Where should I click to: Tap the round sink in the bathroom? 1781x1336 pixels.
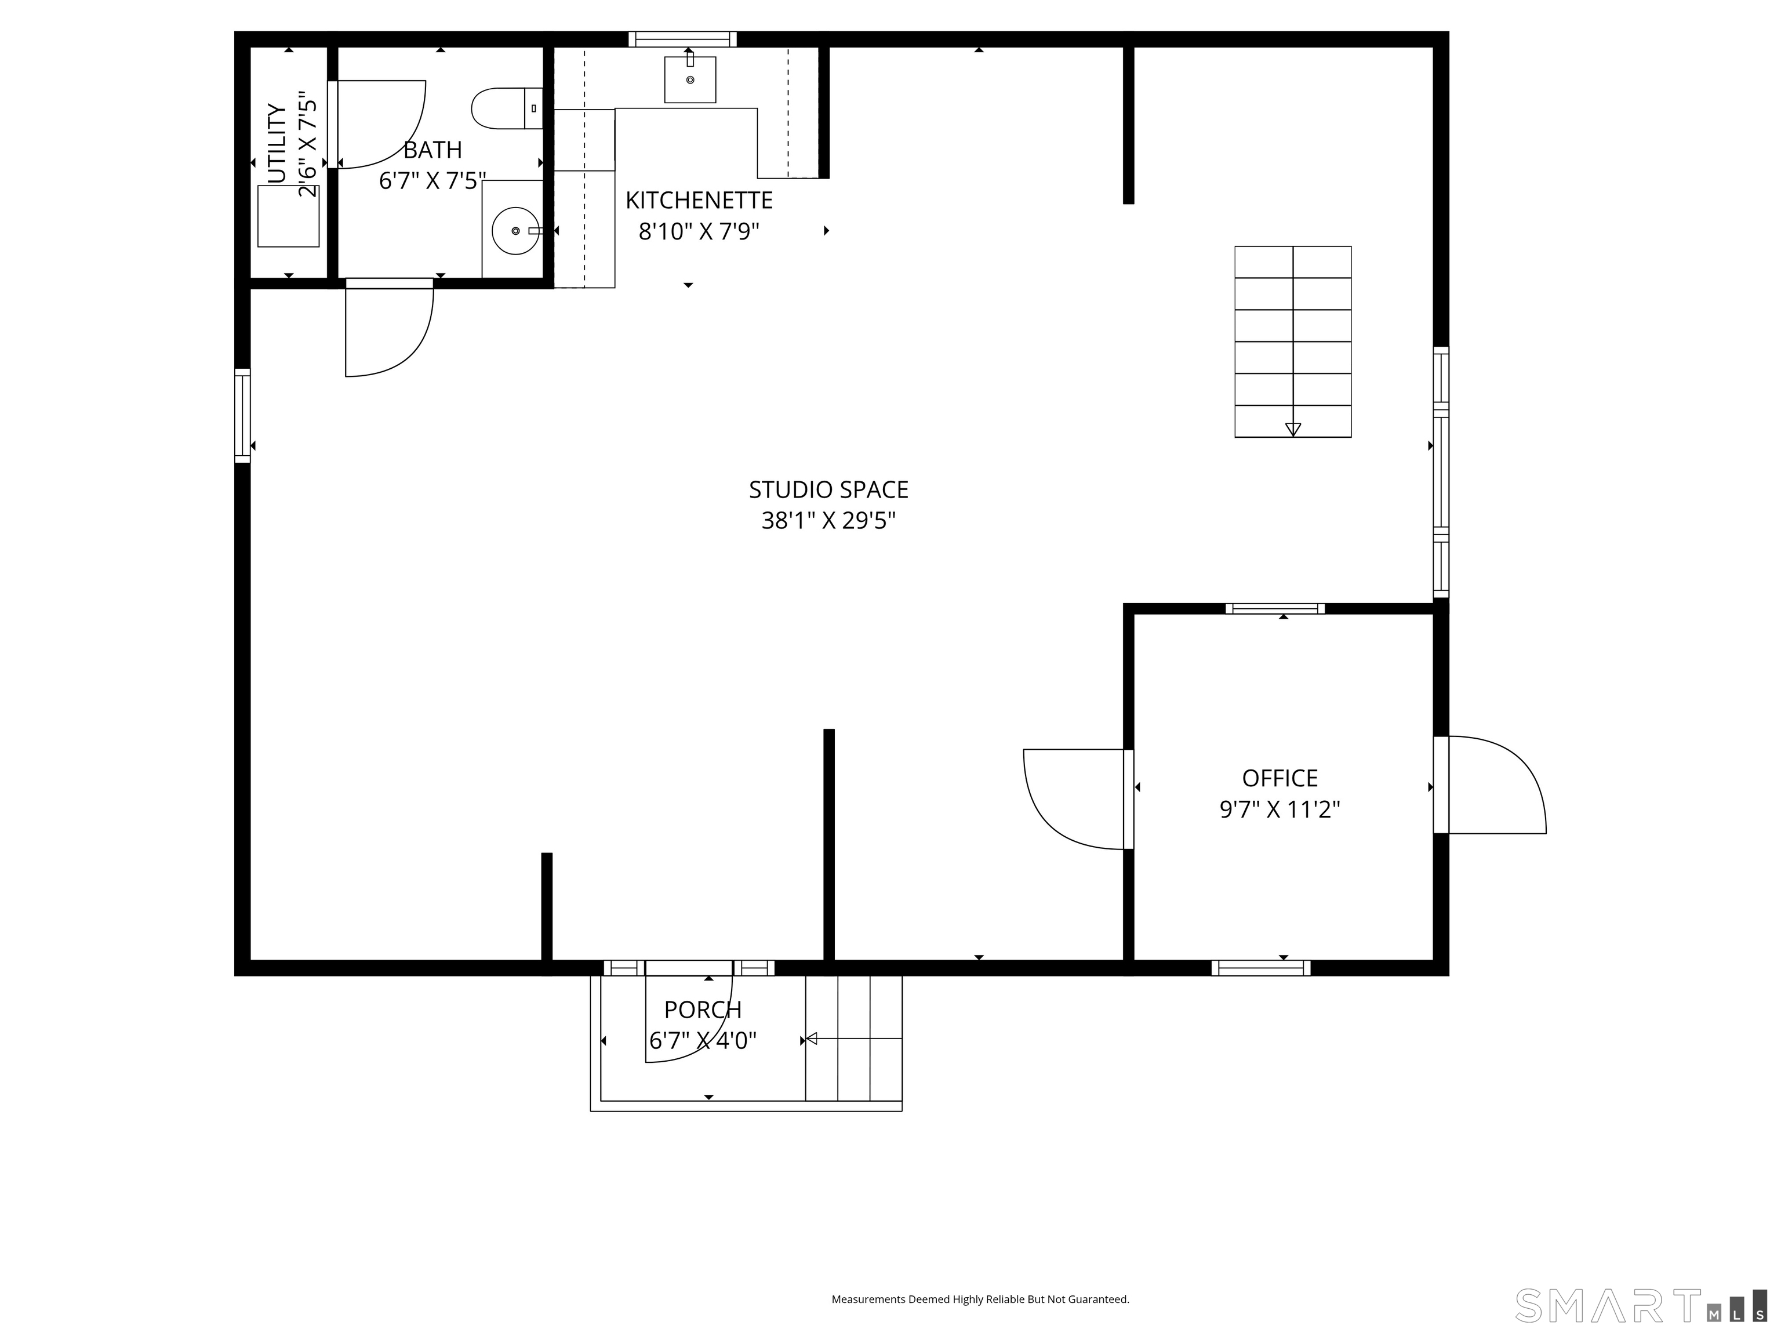point(515,231)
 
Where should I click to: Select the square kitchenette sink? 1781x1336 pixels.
point(690,79)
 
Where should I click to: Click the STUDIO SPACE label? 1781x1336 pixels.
point(828,489)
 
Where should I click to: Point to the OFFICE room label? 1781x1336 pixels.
point(1280,778)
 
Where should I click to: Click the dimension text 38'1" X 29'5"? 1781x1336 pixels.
point(828,521)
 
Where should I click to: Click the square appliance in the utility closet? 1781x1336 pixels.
point(288,216)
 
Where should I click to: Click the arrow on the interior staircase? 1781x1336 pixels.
point(1293,429)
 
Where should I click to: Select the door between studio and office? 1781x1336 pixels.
point(1075,799)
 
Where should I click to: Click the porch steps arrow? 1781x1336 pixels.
point(812,1039)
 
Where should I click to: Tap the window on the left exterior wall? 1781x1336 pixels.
point(242,416)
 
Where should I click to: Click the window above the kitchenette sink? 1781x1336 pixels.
point(682,39)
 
